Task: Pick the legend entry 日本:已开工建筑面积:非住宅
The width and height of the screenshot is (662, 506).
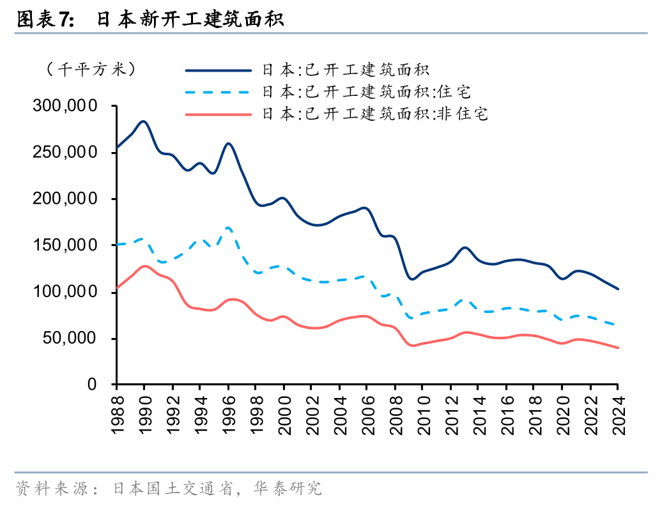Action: (374, 114)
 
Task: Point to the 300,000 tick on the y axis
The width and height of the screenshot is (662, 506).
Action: (65, 106)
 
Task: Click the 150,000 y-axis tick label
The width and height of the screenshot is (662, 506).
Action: (65, 245)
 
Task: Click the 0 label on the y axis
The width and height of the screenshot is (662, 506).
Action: (91, 385)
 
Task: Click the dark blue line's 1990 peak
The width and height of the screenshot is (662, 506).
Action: (144, 121)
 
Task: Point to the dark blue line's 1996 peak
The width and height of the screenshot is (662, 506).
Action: (228, 143)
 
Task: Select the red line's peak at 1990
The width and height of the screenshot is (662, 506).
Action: (144, 266)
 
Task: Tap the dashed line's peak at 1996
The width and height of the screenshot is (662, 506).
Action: (228, 227)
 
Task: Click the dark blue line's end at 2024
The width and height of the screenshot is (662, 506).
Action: (618, 289)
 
